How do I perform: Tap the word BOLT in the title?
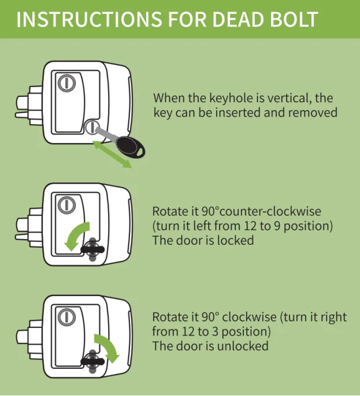tap(293, 18)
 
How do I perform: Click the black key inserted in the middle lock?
tap(92, 249)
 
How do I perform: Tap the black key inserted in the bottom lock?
tap(92, 361)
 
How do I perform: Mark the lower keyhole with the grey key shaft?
tap(92, 126)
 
